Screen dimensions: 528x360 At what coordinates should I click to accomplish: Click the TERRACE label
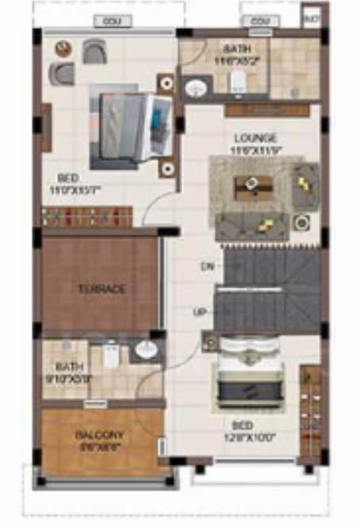point(102,289)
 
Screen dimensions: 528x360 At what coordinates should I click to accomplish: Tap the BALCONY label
point(99,435)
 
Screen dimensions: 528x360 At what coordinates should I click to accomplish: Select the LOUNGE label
point(255,137)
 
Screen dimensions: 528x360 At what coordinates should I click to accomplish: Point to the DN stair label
point(208,266)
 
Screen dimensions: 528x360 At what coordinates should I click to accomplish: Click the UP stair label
point(200,312)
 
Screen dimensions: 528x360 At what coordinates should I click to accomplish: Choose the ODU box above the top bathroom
point(259,21)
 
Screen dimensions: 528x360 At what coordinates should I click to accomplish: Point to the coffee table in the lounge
point(252,186)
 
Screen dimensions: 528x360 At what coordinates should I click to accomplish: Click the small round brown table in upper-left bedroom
point(63,49)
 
